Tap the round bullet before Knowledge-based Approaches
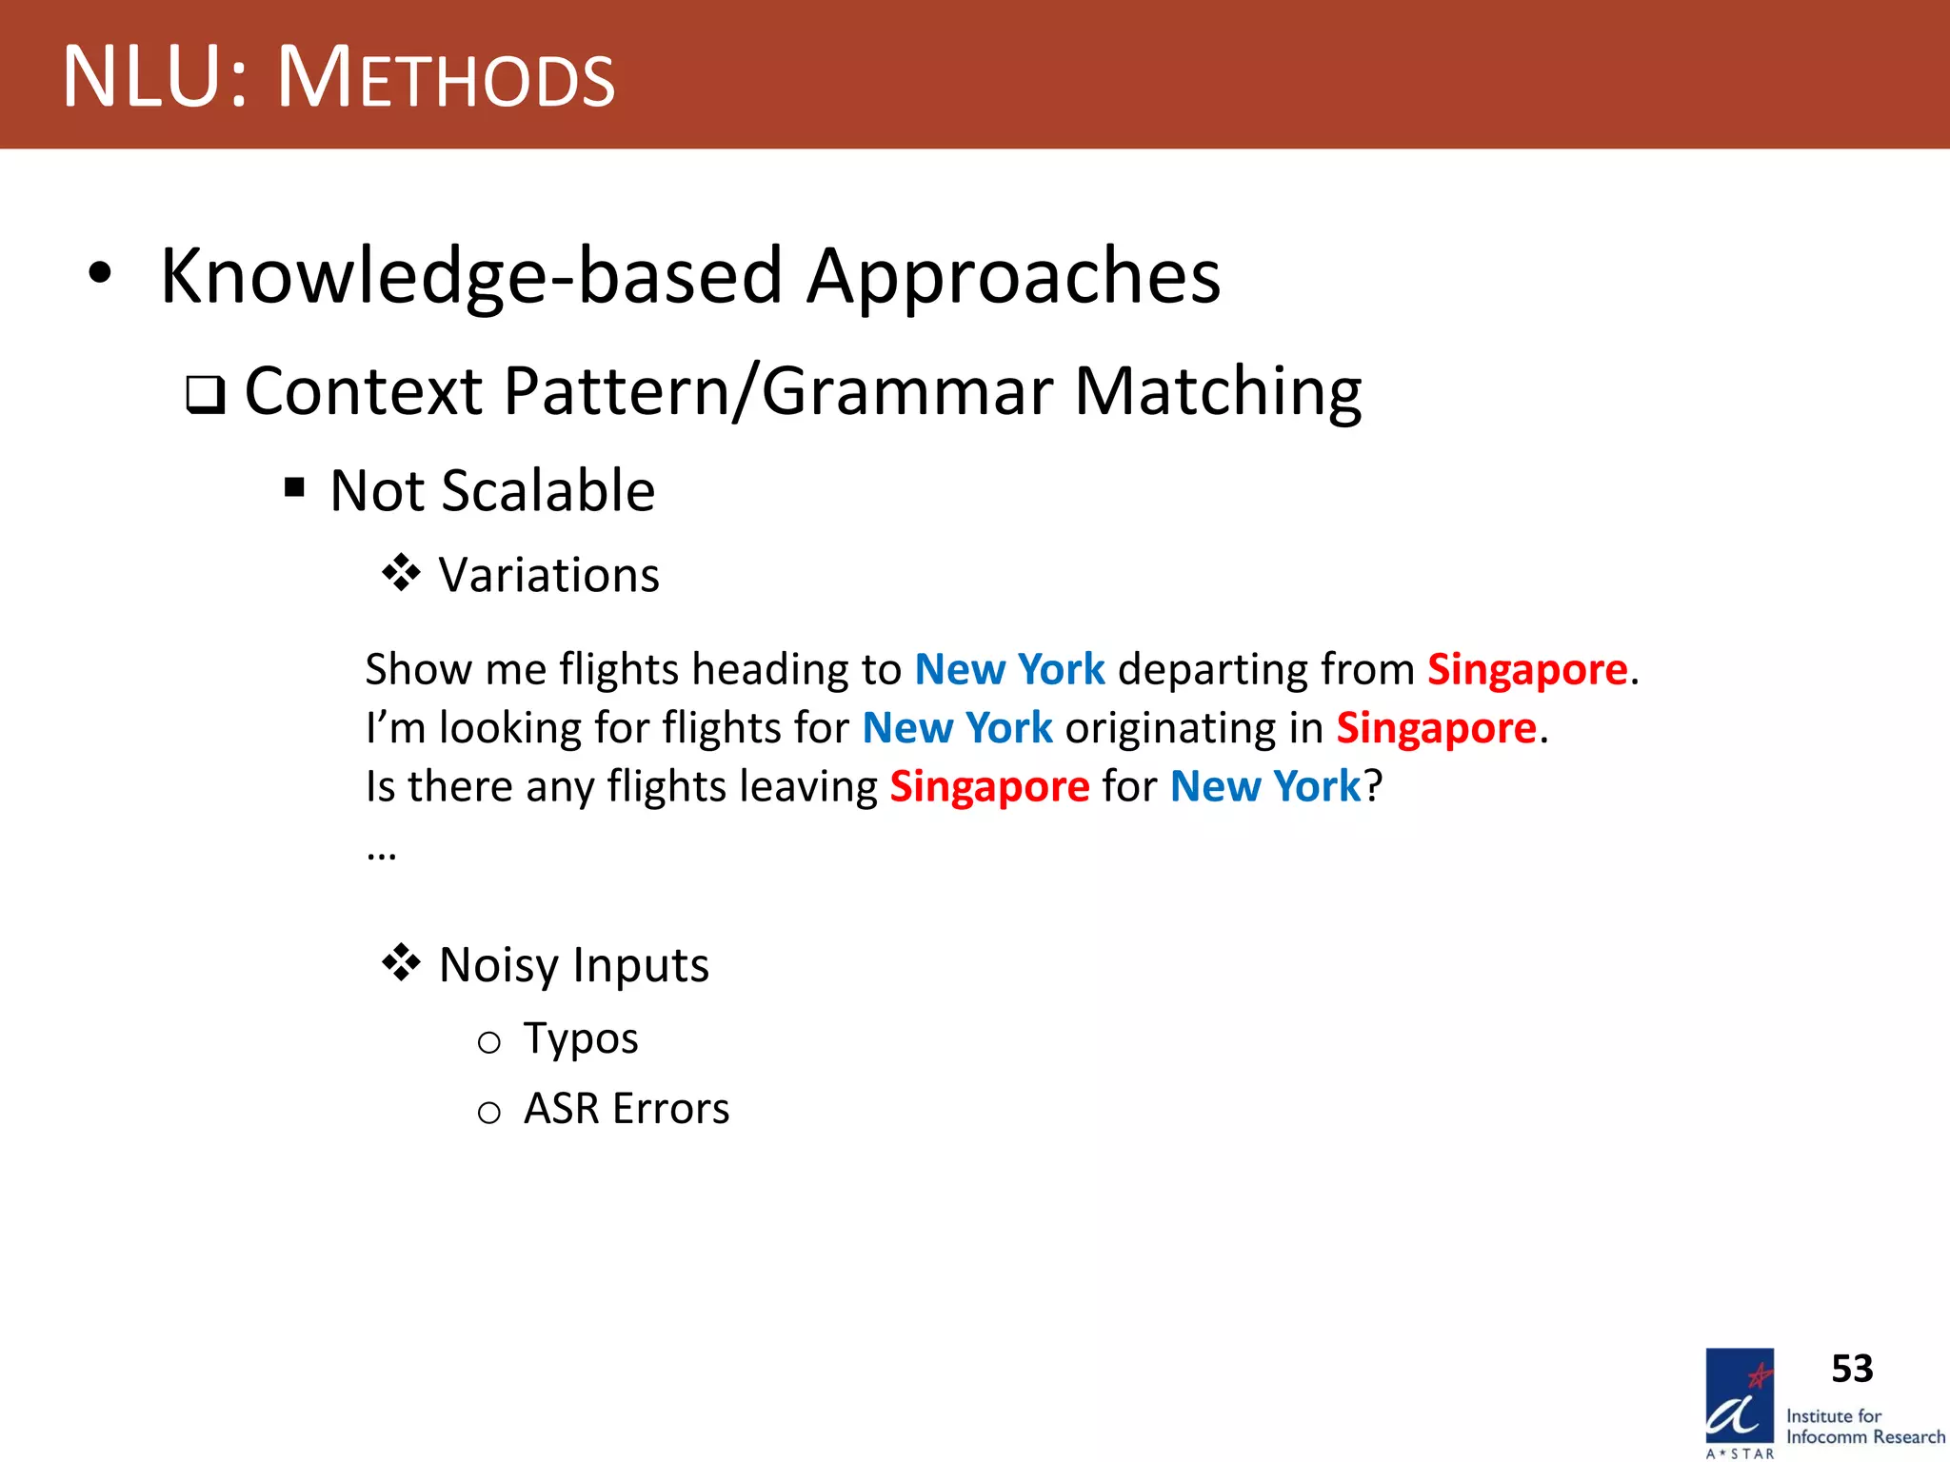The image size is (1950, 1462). click(100, 274)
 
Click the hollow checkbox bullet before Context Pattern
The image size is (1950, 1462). click(206, 394)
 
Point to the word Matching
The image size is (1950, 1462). click(1218, 392)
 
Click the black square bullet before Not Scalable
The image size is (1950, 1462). click(294, 488)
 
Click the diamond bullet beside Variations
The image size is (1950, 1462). click(401, 573)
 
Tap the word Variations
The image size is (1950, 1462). click(548, 576)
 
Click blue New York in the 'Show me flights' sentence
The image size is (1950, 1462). click(1009, 669)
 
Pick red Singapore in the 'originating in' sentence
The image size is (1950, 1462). click(1436, 728)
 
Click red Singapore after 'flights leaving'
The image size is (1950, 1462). click(989, 787)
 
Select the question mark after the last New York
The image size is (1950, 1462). click(1373, 787)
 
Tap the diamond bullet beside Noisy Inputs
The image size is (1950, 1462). click(401, 962)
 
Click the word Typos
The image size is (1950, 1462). click(581, 1038)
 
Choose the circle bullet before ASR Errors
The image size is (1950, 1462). click(488, 1112)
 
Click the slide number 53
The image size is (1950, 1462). click(1852, 1369)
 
